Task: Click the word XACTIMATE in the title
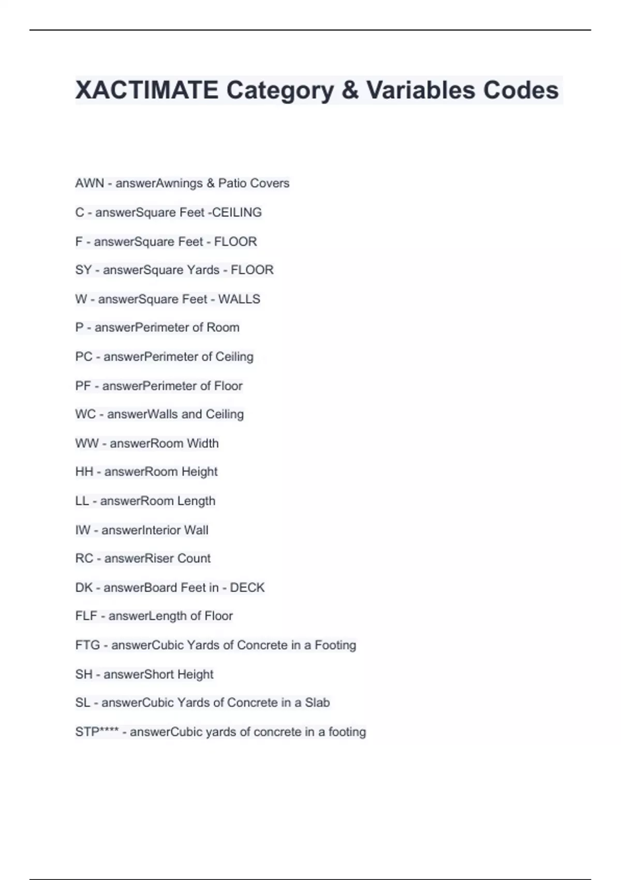point(146,90)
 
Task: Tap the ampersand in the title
point(350,90)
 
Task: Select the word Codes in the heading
point(521,90)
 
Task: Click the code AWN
point(90,183)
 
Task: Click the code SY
point(83,270)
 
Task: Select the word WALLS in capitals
point(239,299)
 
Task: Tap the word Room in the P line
point(223,328)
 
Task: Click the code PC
point(83,357)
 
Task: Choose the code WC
point(85,414)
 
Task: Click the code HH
point(84,472)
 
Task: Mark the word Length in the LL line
point(196,501)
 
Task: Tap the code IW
point(82,530)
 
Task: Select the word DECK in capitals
point(247,588)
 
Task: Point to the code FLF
point(86,616)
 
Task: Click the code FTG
point(87,645)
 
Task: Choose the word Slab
point(317,702)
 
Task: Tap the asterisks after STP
point(108,730)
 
